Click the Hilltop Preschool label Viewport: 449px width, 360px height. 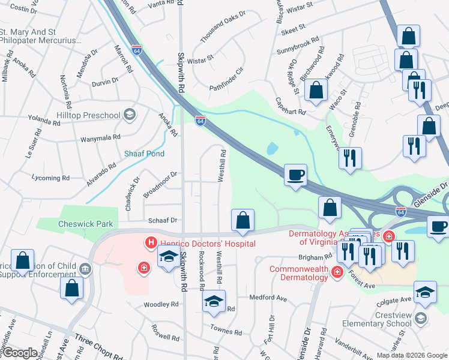[x=89, y=115]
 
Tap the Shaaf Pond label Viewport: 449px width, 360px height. [x=144, y=154]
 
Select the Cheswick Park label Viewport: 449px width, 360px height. [x=86, y=224]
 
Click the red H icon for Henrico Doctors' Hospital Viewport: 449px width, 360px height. [x=150, y=243]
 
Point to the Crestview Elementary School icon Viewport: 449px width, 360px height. [x=421, y=317]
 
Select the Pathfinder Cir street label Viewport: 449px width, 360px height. [x=226, y=79]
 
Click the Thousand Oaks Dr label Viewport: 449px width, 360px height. [x=223, y=30]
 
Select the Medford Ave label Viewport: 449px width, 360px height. [x=268, y=298]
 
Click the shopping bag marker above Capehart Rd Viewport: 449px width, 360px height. [x=316, y=91]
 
